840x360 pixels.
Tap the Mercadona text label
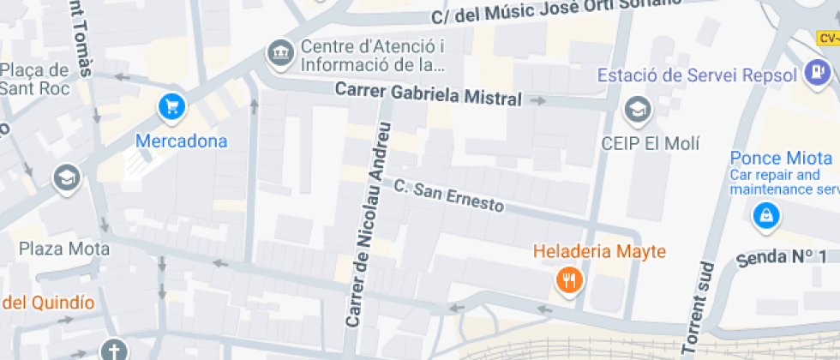pyautogui.click(x=181, y=141)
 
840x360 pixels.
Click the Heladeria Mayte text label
pyautogui.click(x=599, y=252)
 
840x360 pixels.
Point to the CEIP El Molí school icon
pyautogui.click(x=638, y=109)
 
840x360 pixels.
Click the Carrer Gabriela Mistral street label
pyautogui.click(x=428, y=93)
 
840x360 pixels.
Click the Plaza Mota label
pyautogui.click(x=64, y=249)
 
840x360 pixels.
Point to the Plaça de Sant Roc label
pyautogui.click(x=34, y=78)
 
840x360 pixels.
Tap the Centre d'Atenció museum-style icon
pyautogui.click(x=280, y=54)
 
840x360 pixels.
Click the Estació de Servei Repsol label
pyautogui.click(x=697, y=75)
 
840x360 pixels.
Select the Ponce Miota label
pyautogui.click(x=781, y=158)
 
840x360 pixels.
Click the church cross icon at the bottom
pyautogui.click(x=113, y=350)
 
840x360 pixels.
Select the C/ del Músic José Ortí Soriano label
pyautogui.click(x=557, y=12)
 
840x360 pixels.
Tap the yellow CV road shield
pyautogui.click(x=827, y=38)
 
